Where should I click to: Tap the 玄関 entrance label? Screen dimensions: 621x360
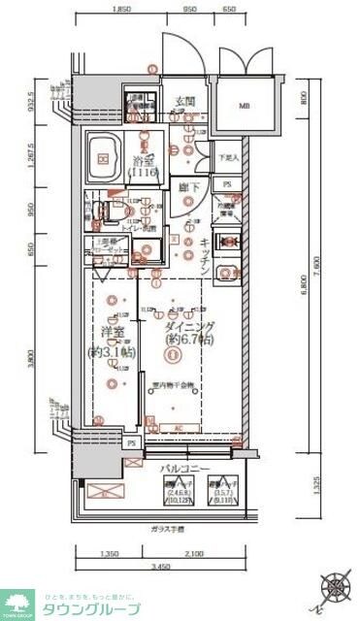[185, 101]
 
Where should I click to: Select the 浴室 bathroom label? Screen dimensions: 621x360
[146, 161]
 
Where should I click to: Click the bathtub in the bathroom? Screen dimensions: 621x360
[104, 155]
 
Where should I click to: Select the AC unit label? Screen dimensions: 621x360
[178, 426]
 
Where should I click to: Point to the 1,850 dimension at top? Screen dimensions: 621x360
[122, 7]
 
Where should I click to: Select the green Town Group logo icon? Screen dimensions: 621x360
[17, 603]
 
